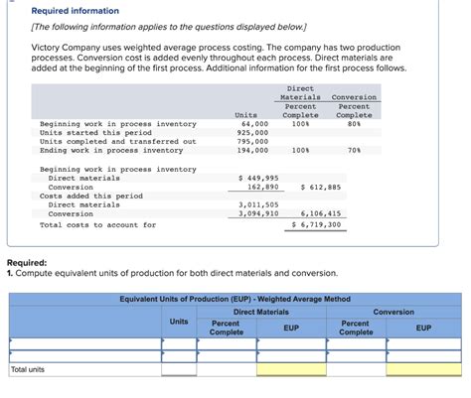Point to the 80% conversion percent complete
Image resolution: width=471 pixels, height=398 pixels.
point(354,123)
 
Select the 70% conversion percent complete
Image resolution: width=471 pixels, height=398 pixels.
point(354,150)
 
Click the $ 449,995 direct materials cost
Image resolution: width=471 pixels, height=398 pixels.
point(258,178)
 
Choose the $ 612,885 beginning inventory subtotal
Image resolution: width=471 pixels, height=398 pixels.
point(320,187)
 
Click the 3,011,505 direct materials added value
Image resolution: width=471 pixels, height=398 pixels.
point(258,204)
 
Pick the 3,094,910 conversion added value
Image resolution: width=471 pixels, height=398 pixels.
point(258,213)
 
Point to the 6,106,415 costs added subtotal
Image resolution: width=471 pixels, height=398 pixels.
point(320,213)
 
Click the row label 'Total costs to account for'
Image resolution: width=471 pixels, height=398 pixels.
point(97,224)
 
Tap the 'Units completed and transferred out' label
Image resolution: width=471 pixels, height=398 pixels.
point(117,141)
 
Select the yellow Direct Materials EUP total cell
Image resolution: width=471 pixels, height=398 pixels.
point(290,369)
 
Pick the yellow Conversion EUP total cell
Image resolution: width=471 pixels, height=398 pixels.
point(423,369)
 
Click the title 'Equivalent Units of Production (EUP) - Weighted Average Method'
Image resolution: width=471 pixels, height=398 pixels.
point(235,299)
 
